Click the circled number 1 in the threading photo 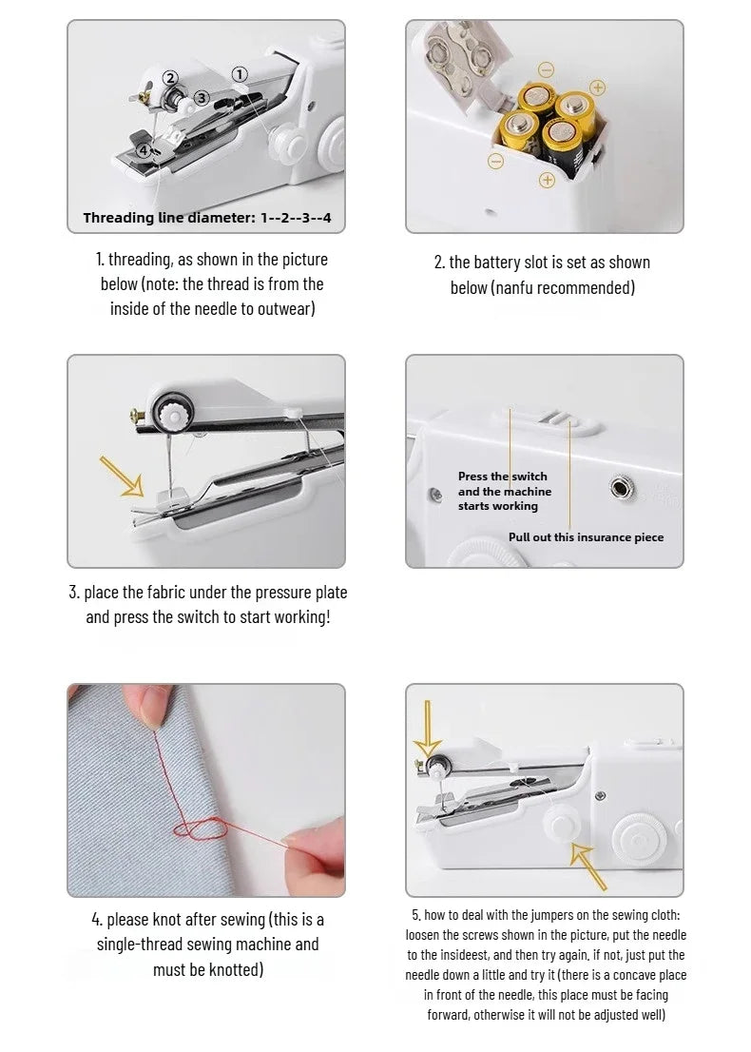tap(240, 74)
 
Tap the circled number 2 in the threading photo tap(170, 78)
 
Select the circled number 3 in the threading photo tap(202, 98)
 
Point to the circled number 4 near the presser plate tap(144, 149)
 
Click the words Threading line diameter tap(167, 218)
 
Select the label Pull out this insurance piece tap(586, 537)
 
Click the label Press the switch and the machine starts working tap(504, 491)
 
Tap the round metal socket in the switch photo tap(620, 489)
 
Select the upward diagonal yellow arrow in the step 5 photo tap(588, 863)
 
